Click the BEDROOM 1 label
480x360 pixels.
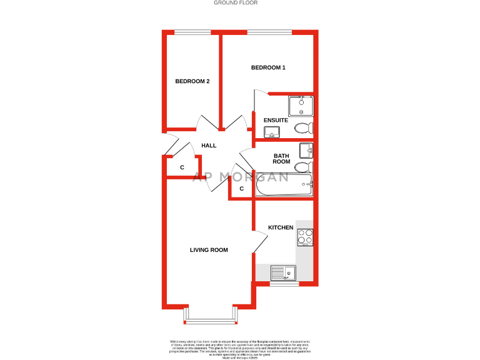268,67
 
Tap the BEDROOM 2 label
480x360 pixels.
192,81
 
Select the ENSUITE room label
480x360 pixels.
276,120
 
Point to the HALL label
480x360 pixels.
209,146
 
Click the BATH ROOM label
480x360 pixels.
281,158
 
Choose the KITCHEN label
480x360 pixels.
281,227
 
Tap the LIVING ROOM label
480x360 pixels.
209,250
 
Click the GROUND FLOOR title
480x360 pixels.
236,3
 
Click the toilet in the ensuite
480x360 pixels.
303,129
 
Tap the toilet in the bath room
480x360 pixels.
303,167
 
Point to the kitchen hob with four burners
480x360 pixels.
305,237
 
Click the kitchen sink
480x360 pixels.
283,272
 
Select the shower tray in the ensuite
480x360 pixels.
301,105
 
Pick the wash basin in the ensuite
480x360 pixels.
272,131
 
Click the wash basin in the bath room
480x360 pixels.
306,151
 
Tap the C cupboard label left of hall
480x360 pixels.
182,167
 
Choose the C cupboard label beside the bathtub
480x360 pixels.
241,188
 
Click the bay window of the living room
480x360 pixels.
211,321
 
